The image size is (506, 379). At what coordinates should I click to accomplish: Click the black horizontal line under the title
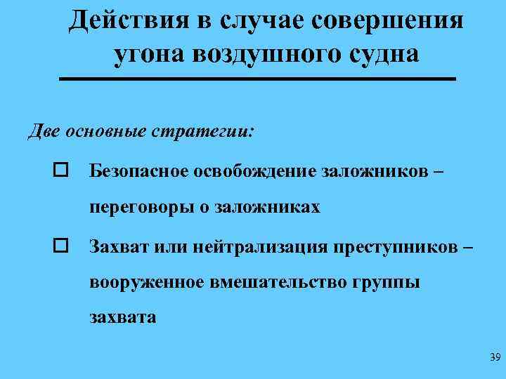[x=257, y=80]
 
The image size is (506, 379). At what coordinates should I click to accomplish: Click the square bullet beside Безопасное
[x=60, y=171]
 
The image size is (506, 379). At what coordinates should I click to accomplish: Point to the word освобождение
[x=254, y=171]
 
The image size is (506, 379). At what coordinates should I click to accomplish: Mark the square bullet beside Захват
[x=60, y=246]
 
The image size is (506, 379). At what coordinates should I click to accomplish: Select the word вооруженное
[x=144, y=282]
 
